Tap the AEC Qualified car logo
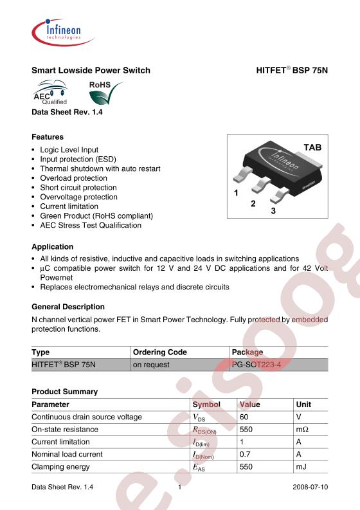[50, 93]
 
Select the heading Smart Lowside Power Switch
[91, 70]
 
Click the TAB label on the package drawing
[312, 148]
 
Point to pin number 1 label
[236, 193]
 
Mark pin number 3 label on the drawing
[273, 211]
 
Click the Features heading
[48, 137]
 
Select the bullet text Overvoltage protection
[78, 197]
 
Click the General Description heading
[68, 307]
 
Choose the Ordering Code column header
[159, 352]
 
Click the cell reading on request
[151, 365]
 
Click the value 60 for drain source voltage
[244, 417]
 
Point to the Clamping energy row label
[61, 466]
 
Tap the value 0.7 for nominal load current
[245, 454]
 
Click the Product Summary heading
[64, 392]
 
